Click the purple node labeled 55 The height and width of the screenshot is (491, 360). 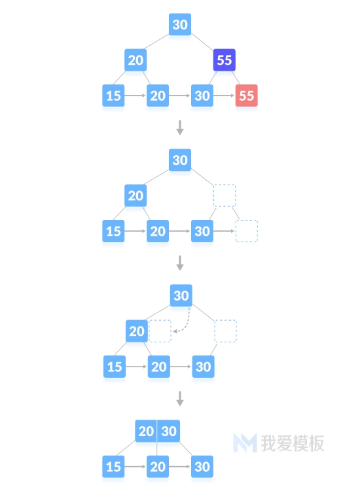pos(224,60)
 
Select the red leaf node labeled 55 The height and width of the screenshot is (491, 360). pos(246,96)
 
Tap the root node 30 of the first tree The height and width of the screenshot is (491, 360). pos(180,24)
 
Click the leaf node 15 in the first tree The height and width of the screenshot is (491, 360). pos(113,96)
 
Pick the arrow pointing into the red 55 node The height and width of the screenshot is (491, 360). pos(224,96)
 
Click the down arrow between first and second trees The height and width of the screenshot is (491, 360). pos(180,128)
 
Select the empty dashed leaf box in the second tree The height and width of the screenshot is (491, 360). pos(246,231)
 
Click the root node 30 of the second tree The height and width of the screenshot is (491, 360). pos(180,160)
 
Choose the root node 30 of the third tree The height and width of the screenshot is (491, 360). pos(181,295)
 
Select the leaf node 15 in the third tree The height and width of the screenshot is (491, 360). pos(115,367)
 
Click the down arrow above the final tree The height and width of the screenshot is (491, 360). pos(180,398)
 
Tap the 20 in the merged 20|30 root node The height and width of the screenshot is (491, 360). pos(146,431)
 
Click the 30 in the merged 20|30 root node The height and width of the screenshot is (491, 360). pos(169,431)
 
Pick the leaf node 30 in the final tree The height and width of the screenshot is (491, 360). pos(202,467)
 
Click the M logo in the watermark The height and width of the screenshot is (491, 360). pos(245,443)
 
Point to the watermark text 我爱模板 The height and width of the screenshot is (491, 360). pos(293,443)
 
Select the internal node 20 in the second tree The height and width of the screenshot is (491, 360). pos(135,195)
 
